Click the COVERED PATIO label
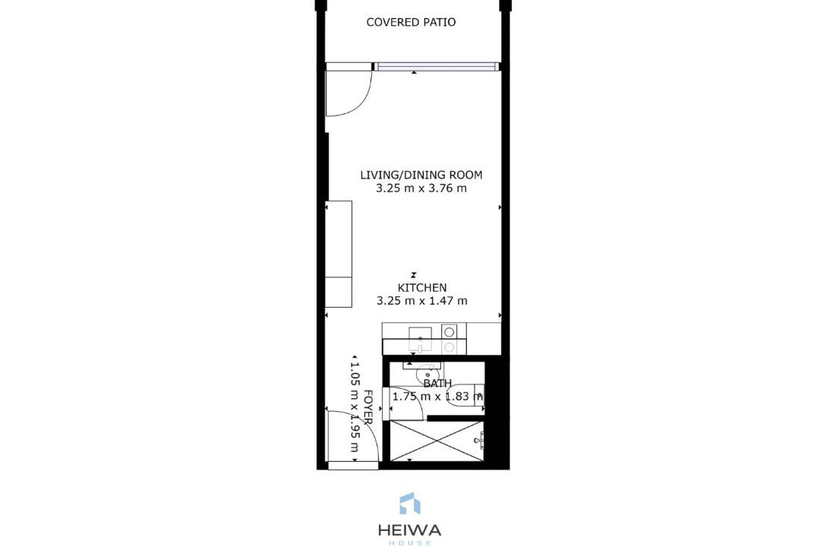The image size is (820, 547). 411,22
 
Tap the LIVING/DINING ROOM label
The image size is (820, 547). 421,175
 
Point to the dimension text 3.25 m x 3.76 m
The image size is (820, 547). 421,188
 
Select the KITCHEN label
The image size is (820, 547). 422,287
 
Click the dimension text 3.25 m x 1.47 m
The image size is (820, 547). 422,300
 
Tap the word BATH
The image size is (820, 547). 437,384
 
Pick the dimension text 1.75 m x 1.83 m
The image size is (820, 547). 437,397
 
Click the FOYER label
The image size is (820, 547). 367,406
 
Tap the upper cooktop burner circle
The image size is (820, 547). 449,331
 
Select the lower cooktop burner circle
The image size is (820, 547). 449,346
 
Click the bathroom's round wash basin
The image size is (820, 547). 426,375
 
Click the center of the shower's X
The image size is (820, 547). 438,441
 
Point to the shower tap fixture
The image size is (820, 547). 480,441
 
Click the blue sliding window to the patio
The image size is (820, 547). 435,67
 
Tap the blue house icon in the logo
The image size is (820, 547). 410,503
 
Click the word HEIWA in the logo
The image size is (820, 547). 410,530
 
